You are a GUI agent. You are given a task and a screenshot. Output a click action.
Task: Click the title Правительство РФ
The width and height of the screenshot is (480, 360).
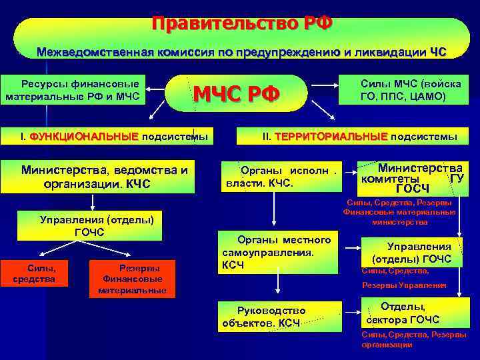241,24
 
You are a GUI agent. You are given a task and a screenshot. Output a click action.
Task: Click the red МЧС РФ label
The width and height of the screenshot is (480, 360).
237,93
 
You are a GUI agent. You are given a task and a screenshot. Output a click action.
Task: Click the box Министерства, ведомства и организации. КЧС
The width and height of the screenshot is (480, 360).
104,177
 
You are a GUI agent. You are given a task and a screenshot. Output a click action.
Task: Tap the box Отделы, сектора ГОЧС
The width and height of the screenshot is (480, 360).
412,313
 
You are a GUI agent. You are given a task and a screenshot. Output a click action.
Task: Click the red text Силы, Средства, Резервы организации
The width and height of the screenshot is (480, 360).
413,339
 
